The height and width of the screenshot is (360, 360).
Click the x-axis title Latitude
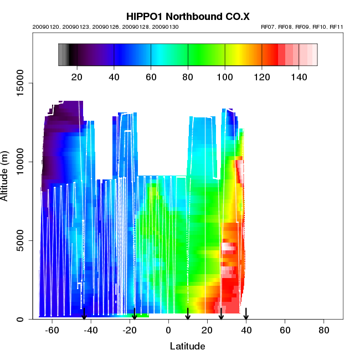coord(187,346)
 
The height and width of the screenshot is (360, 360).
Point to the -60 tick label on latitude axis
coord(52,331)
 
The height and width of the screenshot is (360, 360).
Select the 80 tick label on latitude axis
coord(324,331)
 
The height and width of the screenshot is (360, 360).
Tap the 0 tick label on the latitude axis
coord(168,331)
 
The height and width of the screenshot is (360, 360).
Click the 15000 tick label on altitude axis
coord(19,83)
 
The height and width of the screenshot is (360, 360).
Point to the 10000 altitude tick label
coord(19,162)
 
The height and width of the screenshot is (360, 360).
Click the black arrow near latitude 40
coord(246,314)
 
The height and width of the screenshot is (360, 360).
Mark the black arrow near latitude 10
coord(188,314)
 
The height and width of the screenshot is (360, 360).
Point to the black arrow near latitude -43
coord(84,314)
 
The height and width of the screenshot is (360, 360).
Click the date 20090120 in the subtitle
coord(45,27)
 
